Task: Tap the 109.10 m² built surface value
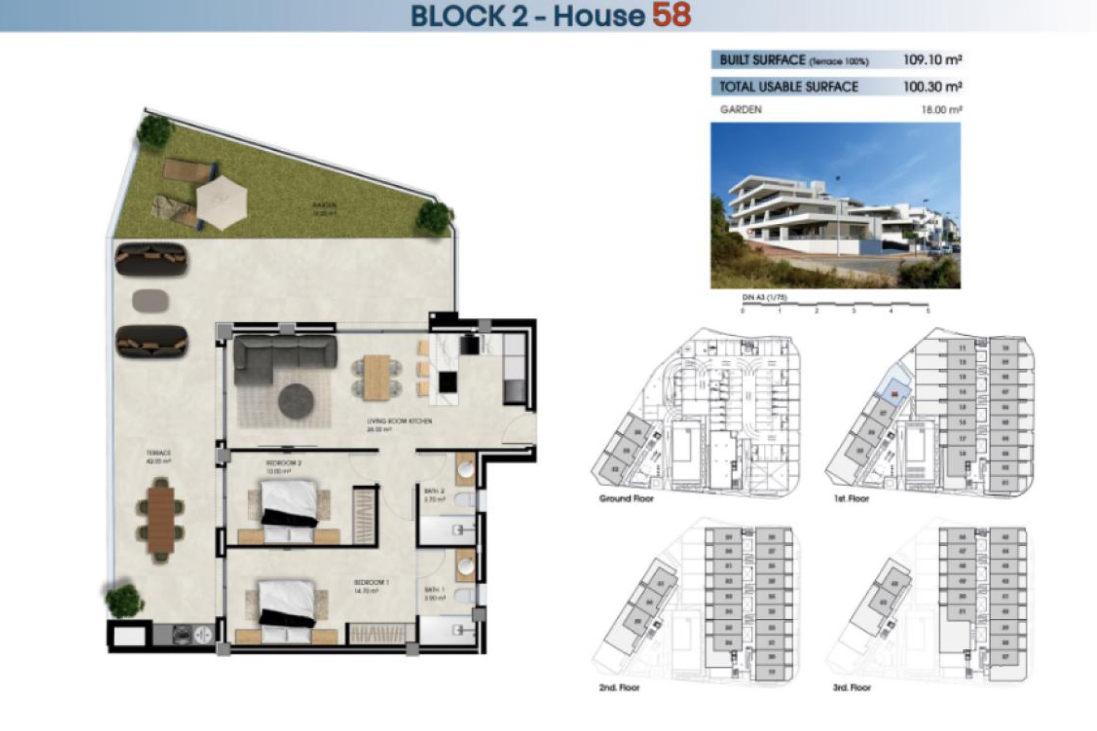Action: coord(932,60)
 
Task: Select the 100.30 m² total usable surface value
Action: coord(932,87)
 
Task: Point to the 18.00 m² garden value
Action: coord(941,110)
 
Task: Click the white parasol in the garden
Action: coord(222,201)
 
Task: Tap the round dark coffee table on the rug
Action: coord(295,400)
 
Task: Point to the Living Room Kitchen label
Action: coord(399,421)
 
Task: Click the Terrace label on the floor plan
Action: coord(158,453)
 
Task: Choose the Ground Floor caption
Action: coord(626,499)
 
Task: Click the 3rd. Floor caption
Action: coord(851,688)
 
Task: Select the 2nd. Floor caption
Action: coord(619,688)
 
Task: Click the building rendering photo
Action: coord(835,206)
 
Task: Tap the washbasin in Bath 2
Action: coord(466,470)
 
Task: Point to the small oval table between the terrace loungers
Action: coord(151,300)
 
